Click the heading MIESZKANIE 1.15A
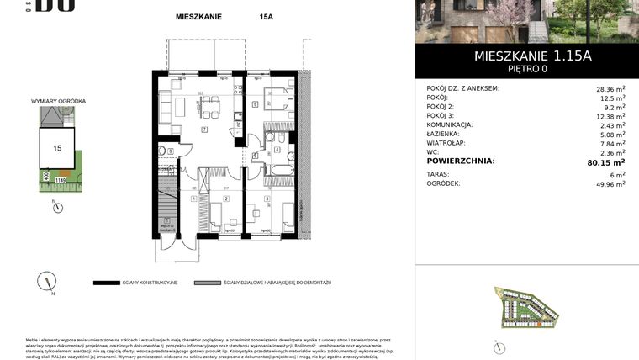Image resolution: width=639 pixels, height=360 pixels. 521,56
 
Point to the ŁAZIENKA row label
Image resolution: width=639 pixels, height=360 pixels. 446,134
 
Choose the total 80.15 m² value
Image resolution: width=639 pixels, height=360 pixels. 605,161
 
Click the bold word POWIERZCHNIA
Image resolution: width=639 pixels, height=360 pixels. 461,161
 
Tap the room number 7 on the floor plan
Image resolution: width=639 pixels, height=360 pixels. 204,130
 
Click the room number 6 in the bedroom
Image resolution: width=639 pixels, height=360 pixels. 255,105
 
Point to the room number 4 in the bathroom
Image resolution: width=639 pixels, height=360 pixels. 277,150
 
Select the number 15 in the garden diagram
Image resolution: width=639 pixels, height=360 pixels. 57,147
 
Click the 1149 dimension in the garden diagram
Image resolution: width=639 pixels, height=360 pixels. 61,179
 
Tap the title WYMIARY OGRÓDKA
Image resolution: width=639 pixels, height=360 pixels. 58,101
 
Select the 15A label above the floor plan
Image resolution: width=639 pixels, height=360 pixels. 267,16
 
